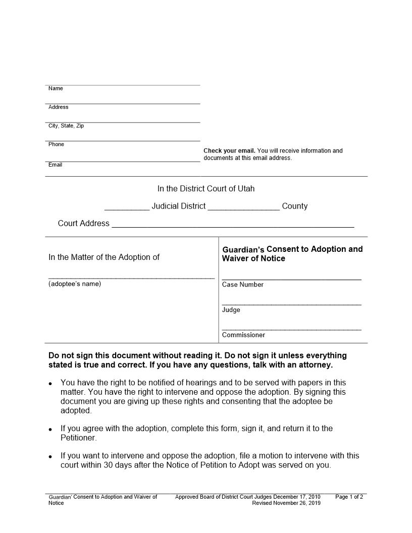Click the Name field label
click(x=56, y=89)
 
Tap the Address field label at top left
click(x=58, y=108)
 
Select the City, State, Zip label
click(x=66, y=126)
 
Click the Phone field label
click(x=56, y=144)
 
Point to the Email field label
click(x=55, y=165)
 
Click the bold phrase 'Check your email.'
click(x=229, y=151)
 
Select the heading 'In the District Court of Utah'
click(x=206, y=189)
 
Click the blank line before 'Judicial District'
click(x=126, y=207)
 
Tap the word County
click(x=294, y=206)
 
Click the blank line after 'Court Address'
click(x=232, y=225)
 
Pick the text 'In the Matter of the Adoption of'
click(x=104, y=257)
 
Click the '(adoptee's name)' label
click(x=75, y=284)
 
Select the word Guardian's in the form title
click(x=243, y=250)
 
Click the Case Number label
click(x=242, y=285)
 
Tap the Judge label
click(x=231, y=310)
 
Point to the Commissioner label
click(x=243, y=335)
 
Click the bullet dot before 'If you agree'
click(x=50, y=430)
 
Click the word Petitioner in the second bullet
click(x=78, y=438)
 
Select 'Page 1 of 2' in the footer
click(x=349, y=497)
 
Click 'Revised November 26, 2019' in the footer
click(x=286, y=503)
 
